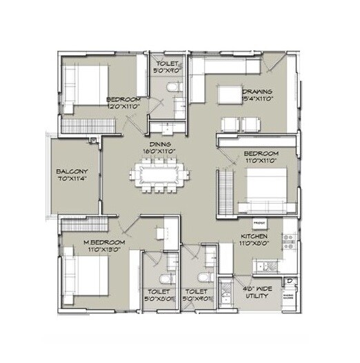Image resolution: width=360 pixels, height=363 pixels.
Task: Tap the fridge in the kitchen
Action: click(259, 224)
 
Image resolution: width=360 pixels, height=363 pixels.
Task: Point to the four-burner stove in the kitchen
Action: click(290, 240)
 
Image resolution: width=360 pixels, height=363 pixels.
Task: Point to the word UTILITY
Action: click(258, 295)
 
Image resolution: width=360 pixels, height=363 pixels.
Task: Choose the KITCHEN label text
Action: click(254, 236)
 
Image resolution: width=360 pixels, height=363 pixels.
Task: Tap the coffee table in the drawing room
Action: click(228, 94)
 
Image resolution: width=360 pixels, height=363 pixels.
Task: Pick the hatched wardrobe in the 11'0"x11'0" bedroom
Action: click(224, 193)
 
